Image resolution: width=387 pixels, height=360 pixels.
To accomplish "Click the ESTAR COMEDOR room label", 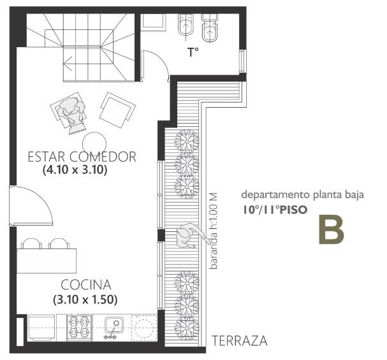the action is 82,157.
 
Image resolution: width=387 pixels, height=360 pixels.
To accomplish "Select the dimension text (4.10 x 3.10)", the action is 75,170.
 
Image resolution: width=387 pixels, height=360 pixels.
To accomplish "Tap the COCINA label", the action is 86,285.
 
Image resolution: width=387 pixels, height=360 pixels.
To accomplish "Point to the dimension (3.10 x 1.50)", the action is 85,299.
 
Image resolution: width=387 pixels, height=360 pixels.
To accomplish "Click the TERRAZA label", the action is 240,341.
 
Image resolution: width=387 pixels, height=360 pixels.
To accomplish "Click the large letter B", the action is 331,229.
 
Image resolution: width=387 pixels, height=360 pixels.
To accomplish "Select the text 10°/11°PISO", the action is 275,210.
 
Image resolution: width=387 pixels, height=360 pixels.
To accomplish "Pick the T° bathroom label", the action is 193,52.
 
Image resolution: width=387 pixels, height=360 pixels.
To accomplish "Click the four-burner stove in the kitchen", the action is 80,328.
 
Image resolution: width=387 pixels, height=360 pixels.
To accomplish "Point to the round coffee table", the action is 94,143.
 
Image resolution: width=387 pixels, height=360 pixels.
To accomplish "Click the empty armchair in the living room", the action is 117,110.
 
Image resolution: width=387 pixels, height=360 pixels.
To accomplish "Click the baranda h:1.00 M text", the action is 213,231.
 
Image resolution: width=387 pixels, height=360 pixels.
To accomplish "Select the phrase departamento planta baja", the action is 303,195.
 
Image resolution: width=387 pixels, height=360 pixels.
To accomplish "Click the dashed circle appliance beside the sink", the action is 144,328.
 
